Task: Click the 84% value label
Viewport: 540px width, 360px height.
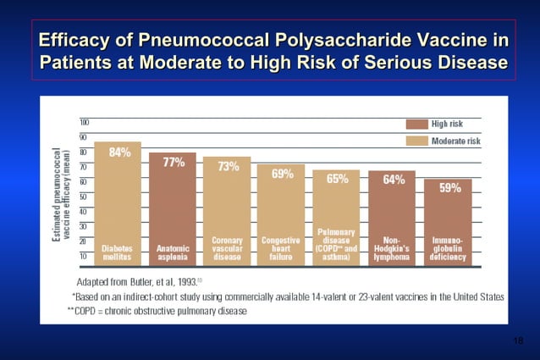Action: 118,152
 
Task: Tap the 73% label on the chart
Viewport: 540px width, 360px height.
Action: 228,167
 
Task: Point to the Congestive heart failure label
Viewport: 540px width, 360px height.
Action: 282,247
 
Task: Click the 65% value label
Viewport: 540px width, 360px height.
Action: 337,179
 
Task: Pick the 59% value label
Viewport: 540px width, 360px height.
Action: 449,189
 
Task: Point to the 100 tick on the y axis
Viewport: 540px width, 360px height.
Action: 85,121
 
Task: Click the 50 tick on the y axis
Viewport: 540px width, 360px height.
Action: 85,196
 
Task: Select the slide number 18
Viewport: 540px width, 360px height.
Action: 518,340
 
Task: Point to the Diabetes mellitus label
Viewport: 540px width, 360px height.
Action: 118,252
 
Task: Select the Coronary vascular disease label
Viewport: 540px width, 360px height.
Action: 227,247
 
